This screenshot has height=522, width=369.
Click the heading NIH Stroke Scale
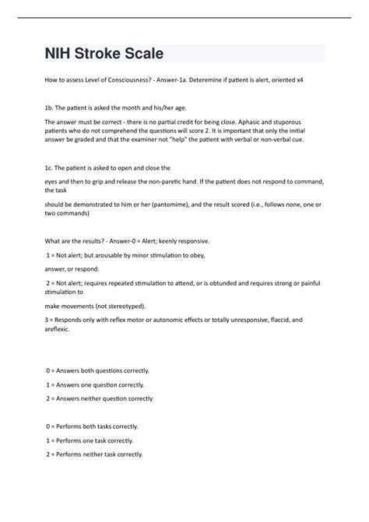[104, 54]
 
